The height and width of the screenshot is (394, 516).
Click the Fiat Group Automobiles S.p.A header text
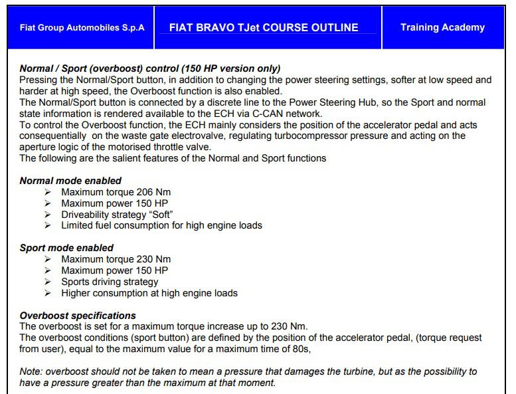(82, 28)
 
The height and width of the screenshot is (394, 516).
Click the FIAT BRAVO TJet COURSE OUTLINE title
(264, 28)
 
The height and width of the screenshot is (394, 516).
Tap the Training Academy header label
(442, 28)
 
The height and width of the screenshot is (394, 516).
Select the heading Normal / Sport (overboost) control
(150, 68)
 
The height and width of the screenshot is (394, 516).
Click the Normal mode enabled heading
(70, 181)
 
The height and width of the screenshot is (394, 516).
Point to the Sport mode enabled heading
(66, 248)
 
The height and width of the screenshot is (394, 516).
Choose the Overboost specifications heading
(78, 316)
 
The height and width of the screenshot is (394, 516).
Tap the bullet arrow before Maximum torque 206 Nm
(47, 192)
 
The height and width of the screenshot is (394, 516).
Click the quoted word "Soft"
(159, 215)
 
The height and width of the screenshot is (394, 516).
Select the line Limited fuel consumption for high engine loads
(161, 225)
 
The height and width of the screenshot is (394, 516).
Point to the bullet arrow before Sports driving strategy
(47, 282)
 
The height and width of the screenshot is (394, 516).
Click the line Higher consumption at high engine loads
(149, 293)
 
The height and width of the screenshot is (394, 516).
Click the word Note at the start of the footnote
(31, 371)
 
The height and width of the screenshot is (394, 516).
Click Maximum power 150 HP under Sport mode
(114, 270)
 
